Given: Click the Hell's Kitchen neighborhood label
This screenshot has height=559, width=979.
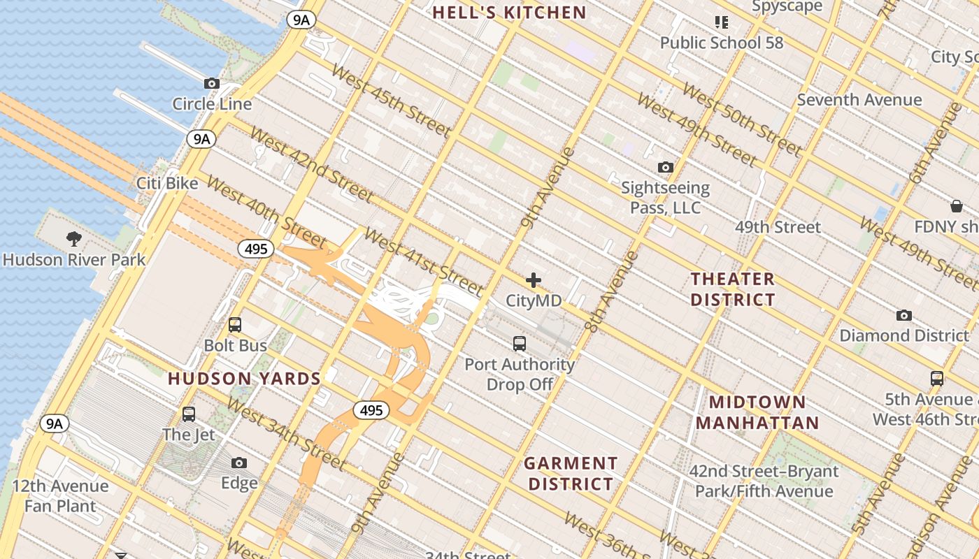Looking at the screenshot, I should [508, 13].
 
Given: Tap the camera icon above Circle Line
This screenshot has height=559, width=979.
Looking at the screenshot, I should [212, 83].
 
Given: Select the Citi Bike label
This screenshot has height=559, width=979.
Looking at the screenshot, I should [167, 183].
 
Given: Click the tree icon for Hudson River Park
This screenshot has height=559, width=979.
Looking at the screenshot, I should [74, 240].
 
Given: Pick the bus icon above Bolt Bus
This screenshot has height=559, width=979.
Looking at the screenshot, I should [235, 325].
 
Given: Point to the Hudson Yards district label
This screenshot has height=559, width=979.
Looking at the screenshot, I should [244, 379].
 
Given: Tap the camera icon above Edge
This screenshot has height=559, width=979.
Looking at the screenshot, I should [239, 463].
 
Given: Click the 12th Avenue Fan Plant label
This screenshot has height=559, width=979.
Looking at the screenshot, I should [60, 495].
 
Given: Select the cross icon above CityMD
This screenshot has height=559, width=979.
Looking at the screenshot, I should [534, 281].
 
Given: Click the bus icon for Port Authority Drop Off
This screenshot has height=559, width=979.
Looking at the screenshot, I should [520, 343].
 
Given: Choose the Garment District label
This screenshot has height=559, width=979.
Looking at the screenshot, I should [571, 473].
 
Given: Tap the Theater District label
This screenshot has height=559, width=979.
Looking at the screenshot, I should [733, 289].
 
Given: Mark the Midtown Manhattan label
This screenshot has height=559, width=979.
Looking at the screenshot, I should [757, 412].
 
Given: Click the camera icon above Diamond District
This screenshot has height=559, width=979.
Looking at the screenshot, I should [904, 315].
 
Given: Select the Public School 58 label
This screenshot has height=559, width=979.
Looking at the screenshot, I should [722, 43].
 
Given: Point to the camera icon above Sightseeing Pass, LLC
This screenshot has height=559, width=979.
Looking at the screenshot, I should [666, 167].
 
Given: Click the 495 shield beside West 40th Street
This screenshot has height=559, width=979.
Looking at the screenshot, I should [255, 249].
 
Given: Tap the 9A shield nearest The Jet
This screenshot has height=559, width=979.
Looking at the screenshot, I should [55, 423].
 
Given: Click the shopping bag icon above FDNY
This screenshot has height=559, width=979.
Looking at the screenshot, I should [957, 206].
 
